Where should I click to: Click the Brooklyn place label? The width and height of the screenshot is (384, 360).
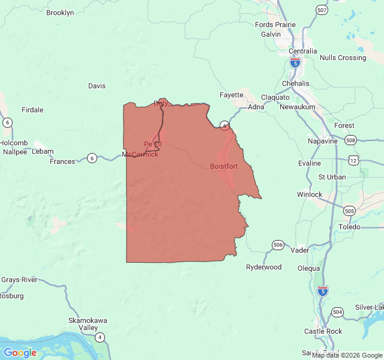tap(60, 13)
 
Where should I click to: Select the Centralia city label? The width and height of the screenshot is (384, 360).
tap(302, 51)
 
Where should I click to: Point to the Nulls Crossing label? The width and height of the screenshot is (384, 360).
tap(343, 58)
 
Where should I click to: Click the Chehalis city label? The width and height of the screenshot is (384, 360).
tap(295, 83)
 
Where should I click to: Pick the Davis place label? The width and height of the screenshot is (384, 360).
tap(97, 86)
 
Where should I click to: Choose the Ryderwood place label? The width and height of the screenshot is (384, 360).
tap(263, 267)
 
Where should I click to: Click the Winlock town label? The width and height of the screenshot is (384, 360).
tap(310, 194)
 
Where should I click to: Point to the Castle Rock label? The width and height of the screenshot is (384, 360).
tap(323, 331)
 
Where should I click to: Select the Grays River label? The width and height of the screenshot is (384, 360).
tap(19, 280)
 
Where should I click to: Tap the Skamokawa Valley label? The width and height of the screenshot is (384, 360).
tap(83, 324)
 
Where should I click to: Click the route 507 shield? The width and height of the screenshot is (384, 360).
tap(322, 10)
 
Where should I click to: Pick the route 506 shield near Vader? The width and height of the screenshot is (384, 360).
tap(277, 245)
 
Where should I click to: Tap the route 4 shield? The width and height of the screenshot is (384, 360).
tap(100, 337)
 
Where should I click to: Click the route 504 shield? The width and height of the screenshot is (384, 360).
tap(337, 312)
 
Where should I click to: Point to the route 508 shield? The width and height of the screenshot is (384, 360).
tap(351, 140)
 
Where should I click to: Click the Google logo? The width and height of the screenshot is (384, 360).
tap(20, 353)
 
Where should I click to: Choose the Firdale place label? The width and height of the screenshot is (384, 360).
tap(32, 110)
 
